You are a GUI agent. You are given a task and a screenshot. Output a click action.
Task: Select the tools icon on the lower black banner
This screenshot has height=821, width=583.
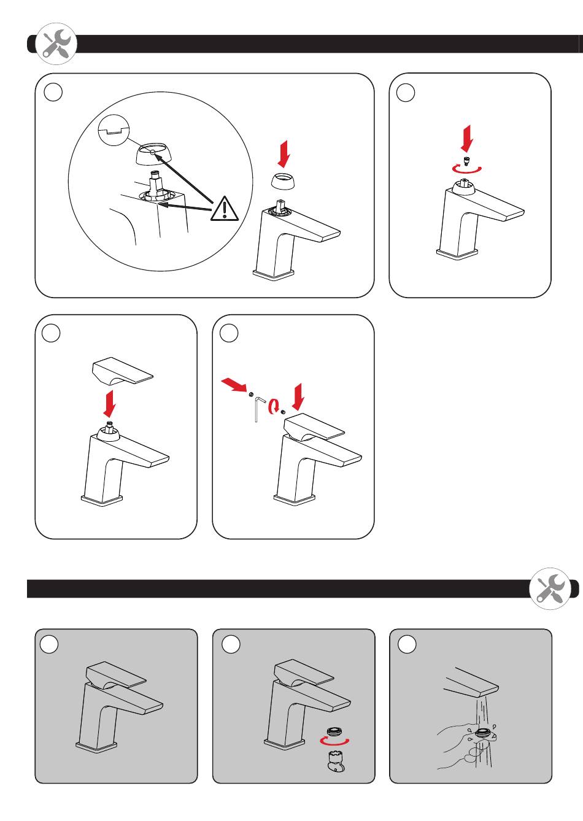coord(549,588)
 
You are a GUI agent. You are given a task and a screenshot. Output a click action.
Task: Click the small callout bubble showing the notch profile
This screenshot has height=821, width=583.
coord(113,129)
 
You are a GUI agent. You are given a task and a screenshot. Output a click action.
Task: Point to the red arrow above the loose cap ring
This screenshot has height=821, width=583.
coord(283,154)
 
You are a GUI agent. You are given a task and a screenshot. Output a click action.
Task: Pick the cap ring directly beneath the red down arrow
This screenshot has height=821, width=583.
coord(284,182)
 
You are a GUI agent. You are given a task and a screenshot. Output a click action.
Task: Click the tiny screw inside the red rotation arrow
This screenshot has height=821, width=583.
coord(466,162)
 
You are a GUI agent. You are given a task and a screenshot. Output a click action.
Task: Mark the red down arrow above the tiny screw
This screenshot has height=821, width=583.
coord(467,137)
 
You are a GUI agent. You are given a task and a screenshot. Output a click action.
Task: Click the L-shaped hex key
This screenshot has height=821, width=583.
coord(258,408)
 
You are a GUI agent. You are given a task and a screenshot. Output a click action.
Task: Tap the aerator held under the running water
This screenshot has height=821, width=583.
coord(483,731)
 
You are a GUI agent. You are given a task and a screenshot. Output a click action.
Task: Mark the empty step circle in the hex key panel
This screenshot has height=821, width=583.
coord(229,333)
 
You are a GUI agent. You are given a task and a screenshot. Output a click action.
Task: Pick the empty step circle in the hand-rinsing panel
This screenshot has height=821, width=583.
coord(407,644)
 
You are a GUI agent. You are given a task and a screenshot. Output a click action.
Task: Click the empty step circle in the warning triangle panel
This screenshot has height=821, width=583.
coord(54,92)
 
